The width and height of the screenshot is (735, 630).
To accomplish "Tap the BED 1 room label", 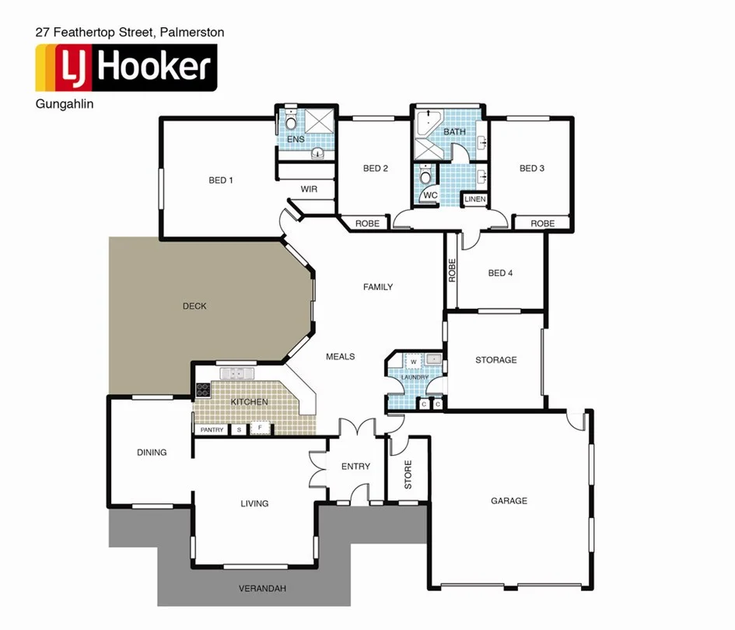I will click(221, 180).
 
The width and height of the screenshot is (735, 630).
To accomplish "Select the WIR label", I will click(309, 189).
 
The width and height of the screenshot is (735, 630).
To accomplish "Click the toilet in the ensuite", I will click(290, 121).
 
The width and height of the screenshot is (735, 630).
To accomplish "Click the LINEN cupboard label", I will click(475, 200).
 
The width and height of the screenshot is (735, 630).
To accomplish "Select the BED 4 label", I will click(500, 273).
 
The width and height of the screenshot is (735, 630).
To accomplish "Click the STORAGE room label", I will click(496, 360).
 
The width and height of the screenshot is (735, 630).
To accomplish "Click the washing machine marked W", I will click(413, 362).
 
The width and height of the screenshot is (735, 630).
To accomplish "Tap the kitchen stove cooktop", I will click(203, 390).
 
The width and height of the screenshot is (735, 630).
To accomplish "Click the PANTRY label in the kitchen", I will click(212, 430).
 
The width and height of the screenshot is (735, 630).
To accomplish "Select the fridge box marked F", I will click(260, 429).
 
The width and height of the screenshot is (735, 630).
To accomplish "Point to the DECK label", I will click(194, 306).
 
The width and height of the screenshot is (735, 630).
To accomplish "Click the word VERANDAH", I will click(262, 589).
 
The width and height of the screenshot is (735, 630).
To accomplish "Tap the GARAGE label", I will click(509, 501).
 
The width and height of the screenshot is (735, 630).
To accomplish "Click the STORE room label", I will click(408, 474).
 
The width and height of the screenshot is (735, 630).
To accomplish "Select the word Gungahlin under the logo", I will click(65, 104).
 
